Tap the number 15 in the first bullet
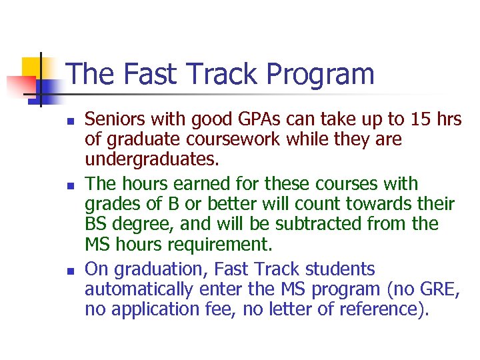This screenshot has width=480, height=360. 419,120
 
